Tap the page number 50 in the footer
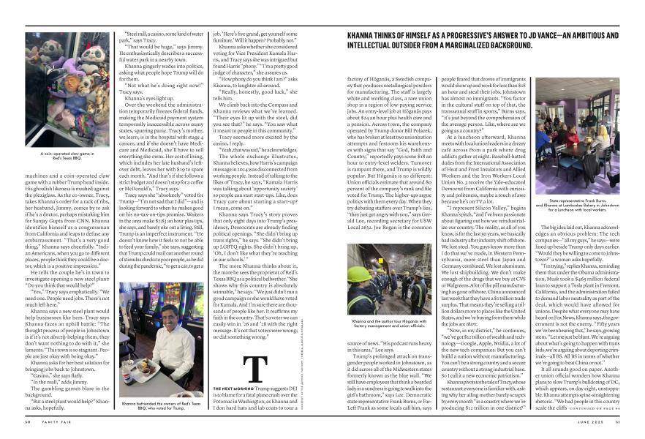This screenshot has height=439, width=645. (x=26, y=421)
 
